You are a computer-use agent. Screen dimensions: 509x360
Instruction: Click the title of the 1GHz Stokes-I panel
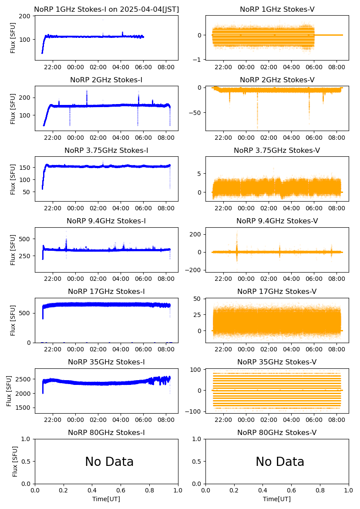(106, 9)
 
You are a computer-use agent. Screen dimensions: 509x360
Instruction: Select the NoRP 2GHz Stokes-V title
(277, 80)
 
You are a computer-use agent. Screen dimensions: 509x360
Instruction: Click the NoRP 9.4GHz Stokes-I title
(106, 221)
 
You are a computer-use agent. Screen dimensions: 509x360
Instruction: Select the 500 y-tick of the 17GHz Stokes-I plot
(24, 313)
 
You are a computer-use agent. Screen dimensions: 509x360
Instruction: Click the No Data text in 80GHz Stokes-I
(109, 462)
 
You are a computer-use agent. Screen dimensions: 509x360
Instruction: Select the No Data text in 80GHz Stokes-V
(280, 462)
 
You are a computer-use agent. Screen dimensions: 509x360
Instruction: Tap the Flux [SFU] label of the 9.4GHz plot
(13, 250)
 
